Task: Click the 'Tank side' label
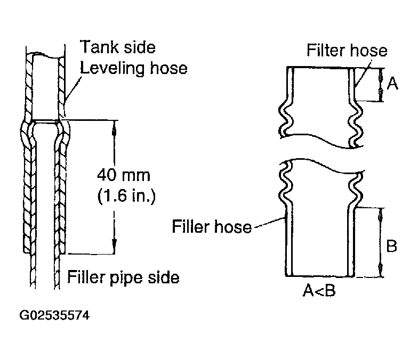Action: (x=117, y=47)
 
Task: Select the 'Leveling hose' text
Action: (x=134, y=68)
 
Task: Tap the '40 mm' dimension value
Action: (x=125, y=175)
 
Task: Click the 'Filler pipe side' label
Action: (x=123, y=277)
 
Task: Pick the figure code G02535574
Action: (x=54, y=315)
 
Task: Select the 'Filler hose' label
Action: (x=212, y=227)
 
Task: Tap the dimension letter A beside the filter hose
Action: (x=392, y=83)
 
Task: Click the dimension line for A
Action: (x=380, y=84)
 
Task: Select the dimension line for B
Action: (x=380, y=242)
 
